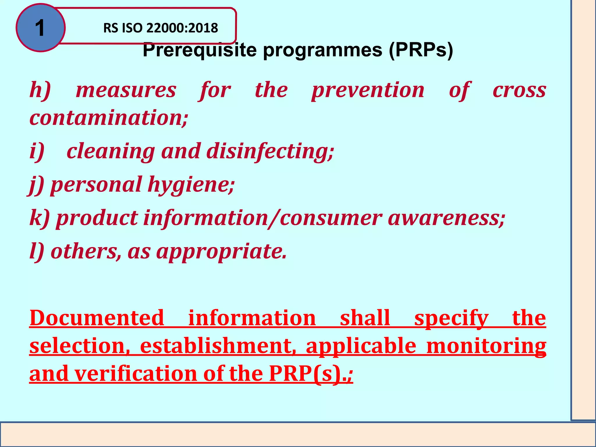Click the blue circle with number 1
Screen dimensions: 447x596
[x=40, y=28]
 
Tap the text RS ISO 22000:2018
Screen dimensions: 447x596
[x=160, y=28]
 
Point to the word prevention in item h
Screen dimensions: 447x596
[x=368, y=90]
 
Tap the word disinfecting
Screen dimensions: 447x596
[x=270, y=152]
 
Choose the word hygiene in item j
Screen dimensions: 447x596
[x=191, y=185]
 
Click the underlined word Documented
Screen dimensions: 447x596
[x=97, y=318]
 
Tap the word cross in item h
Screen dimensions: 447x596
[x=519, y=90]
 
